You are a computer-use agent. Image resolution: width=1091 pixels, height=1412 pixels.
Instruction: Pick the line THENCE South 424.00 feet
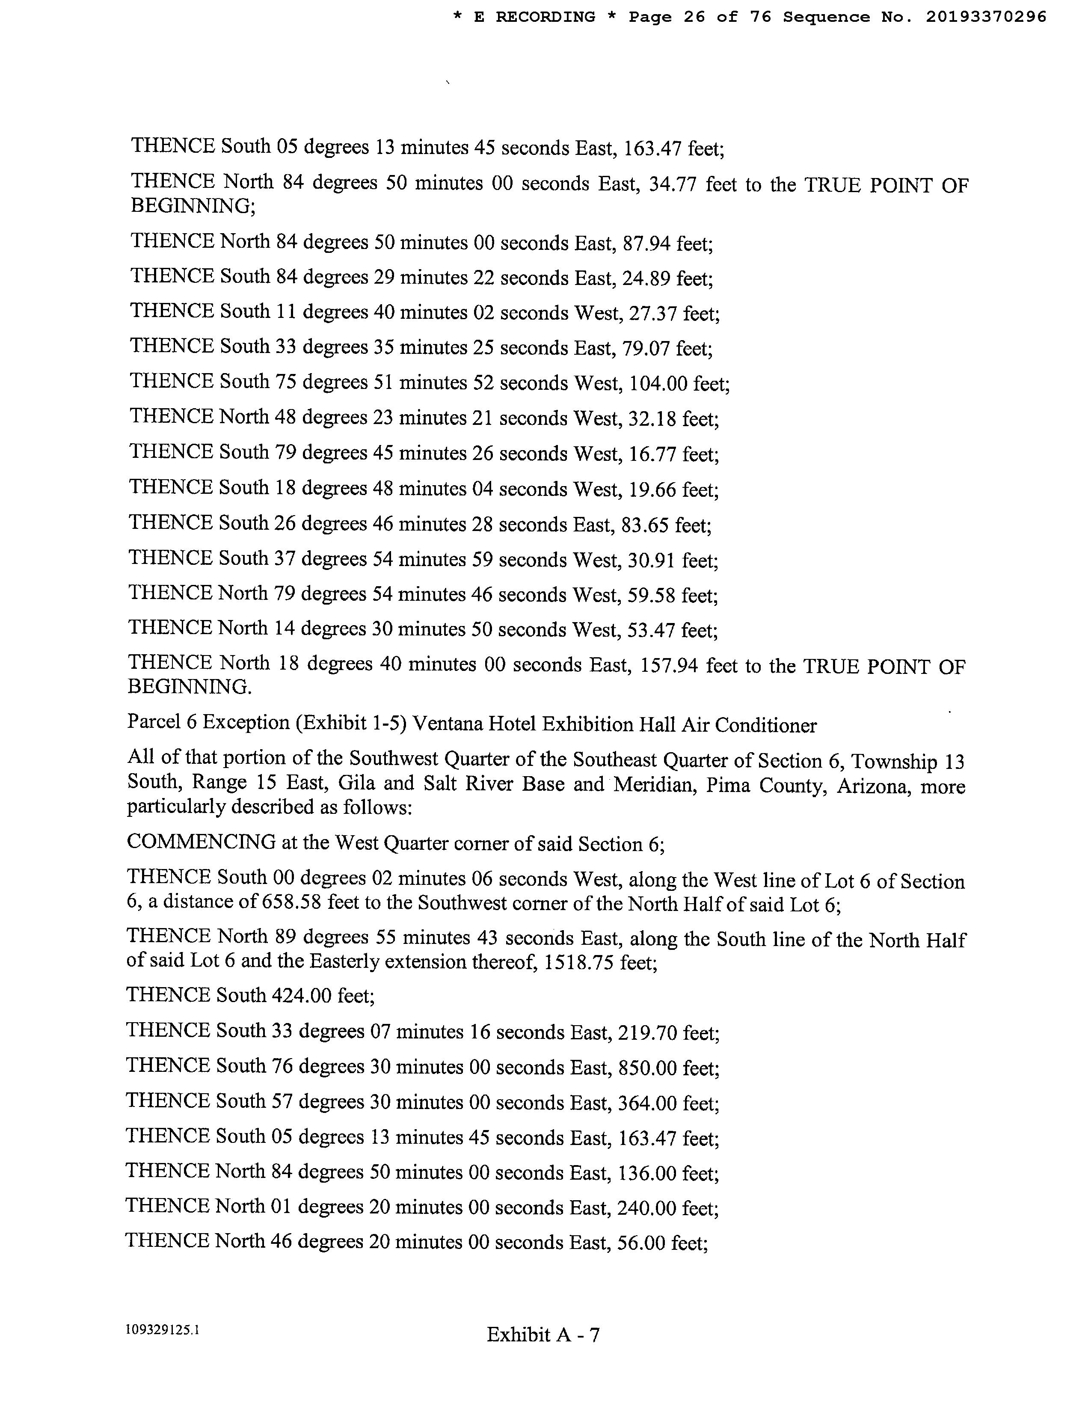click(251, 996)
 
